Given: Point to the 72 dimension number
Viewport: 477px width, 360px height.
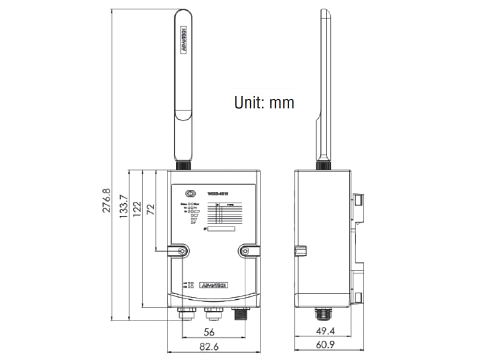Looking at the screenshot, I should point(151,210).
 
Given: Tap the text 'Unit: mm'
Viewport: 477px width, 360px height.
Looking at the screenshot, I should point(264,102).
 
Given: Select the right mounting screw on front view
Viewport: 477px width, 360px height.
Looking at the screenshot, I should point(245,252).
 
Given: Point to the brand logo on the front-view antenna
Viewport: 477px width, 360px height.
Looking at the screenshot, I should point(183,39).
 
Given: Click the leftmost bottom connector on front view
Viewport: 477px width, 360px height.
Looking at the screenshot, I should point(185,314).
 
